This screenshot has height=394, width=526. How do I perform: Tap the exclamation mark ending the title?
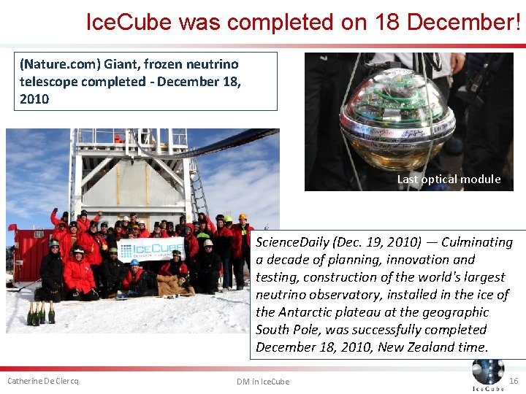(517, 22)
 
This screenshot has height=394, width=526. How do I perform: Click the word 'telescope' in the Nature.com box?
(50, 82)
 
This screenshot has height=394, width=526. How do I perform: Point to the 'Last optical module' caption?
(449, 179)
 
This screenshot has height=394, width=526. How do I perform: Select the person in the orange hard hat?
(243, 217)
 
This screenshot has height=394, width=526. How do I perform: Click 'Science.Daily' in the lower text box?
(290, 242)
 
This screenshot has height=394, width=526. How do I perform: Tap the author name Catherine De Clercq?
(42, 381)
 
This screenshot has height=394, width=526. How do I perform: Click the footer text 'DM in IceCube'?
(262, 382)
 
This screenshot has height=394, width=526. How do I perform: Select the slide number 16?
(513, 381)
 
